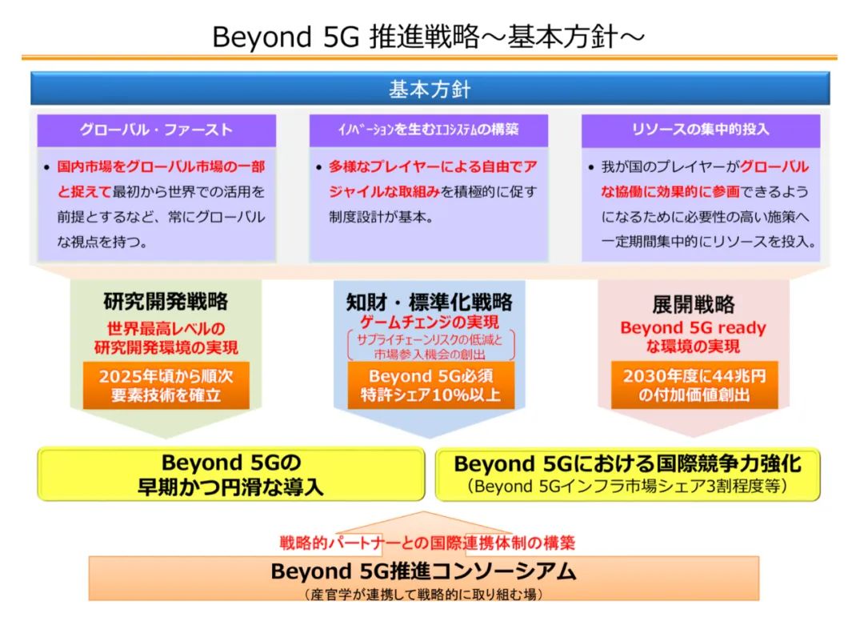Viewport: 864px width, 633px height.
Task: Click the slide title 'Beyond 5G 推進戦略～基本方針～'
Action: [x=428, y=37]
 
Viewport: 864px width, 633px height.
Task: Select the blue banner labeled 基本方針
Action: [x=430, y=88]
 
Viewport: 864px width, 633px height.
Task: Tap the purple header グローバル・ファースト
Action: [x=157, y=130]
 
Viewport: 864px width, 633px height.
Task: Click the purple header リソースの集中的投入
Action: [x=700, y=130]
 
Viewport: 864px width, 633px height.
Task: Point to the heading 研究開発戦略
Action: [x=166, y=301]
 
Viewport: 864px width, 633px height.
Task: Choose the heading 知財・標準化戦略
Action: [x=430, y=302]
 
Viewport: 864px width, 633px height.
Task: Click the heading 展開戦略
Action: [x=693, y=304]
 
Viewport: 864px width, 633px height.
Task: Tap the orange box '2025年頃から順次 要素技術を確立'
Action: [x=166, y=386]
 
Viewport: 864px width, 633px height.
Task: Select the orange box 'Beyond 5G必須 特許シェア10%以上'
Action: [x=430, y=386]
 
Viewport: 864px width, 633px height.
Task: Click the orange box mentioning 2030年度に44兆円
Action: [x=694, y=386]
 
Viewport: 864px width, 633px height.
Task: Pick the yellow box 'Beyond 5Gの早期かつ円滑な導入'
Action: [x=231, y=475]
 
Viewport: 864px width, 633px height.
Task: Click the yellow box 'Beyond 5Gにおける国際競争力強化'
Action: [x=628, y=475]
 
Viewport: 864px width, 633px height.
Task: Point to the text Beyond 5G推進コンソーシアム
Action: [x=423, y=571]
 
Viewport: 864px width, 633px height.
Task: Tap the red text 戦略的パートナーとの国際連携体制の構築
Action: [x=427, y=543]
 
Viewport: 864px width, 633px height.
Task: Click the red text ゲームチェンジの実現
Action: [x=430, y=322]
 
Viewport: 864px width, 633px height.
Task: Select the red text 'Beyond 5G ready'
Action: [x=693, y=327]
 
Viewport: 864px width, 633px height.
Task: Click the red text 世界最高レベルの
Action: [x=166, y=329]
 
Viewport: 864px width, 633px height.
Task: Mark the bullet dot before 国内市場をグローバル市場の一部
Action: [x=47, y=167]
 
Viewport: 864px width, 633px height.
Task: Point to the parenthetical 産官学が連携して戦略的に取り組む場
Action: [x=423, y=595]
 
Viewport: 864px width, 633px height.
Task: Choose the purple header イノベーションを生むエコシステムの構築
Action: [x=429, y=130]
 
